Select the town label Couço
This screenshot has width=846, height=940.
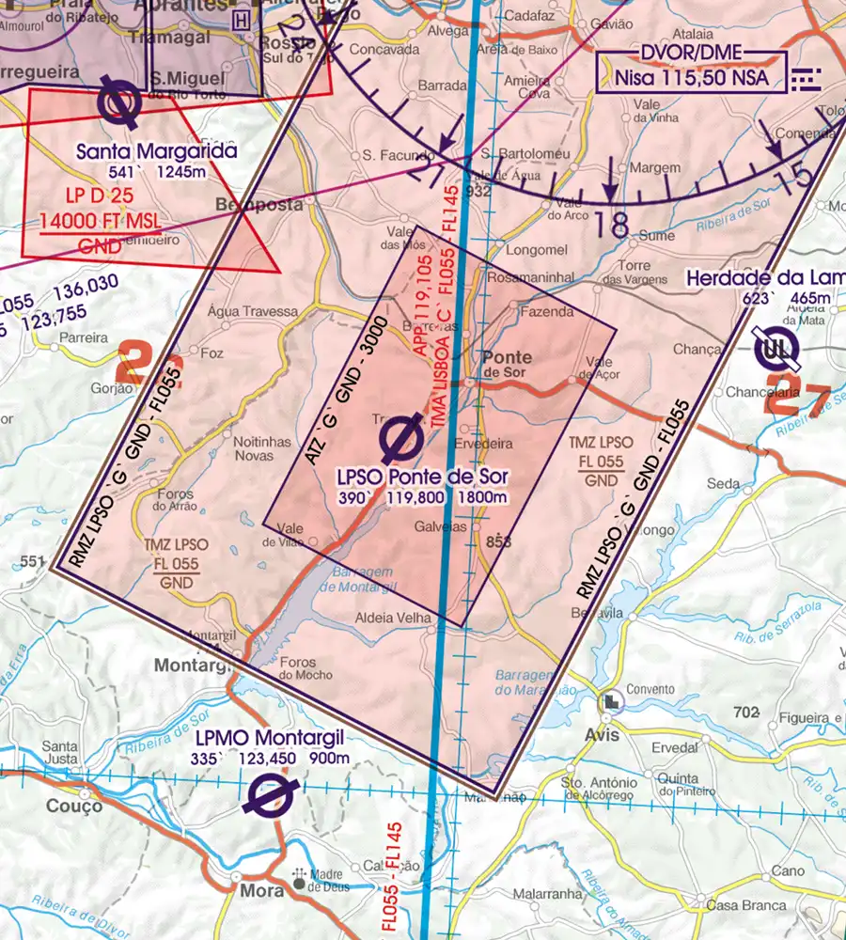(x=74, y=807)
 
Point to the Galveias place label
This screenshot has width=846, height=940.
(x=441, y=527)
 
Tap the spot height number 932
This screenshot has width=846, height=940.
(x=478, y=192)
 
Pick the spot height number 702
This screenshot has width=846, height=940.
(x=746, y=713)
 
